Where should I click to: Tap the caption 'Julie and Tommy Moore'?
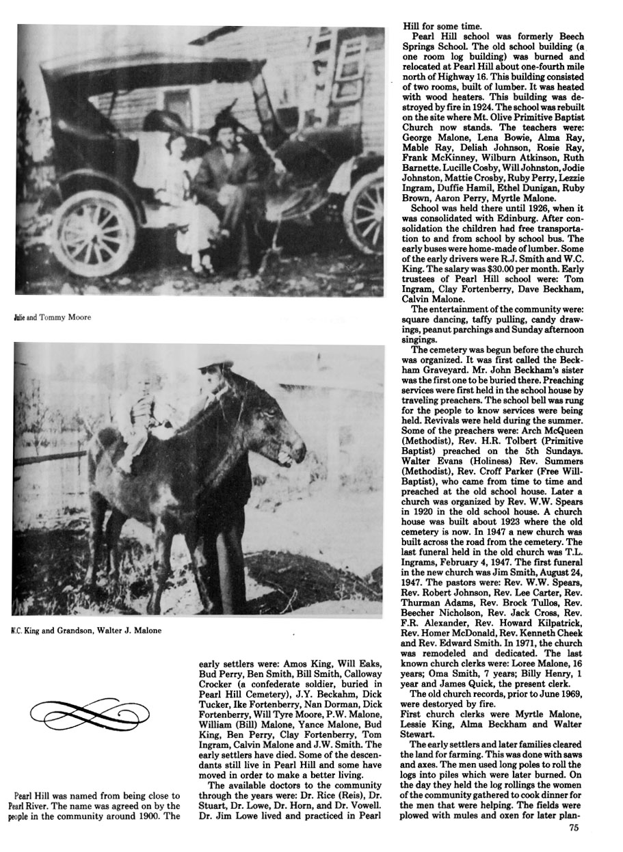51,317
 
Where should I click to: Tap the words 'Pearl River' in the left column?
34,807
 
